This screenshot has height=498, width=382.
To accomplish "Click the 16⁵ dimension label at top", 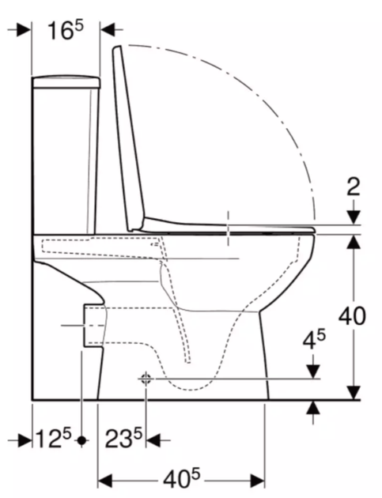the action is [66, 30].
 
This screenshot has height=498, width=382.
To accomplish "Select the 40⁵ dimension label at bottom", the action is [182, 479].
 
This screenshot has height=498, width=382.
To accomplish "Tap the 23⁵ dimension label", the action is [123, 438].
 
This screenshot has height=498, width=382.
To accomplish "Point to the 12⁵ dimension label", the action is [54, 438].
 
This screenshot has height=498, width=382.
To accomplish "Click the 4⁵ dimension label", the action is [314, 340].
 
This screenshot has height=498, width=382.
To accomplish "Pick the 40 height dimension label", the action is [352, 316].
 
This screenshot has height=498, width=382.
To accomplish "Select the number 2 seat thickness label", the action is [354, 187].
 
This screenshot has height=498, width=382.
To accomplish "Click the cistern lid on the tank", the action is [66, 82].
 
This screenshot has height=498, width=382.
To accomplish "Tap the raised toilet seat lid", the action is [128, 138].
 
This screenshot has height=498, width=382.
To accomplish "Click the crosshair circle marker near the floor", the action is [146, 379].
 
